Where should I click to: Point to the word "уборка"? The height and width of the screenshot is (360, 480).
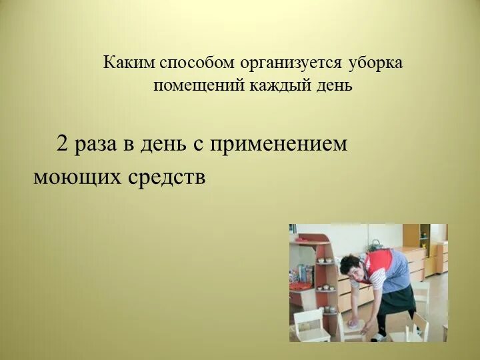coord(375,63)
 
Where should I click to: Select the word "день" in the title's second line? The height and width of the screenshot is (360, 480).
coord(335,85)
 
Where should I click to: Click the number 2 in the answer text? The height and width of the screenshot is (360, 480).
coord(62,144)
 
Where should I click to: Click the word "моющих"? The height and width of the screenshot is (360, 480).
coord(77,177)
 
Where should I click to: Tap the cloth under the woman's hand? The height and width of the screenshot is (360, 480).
coord(354,326)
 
